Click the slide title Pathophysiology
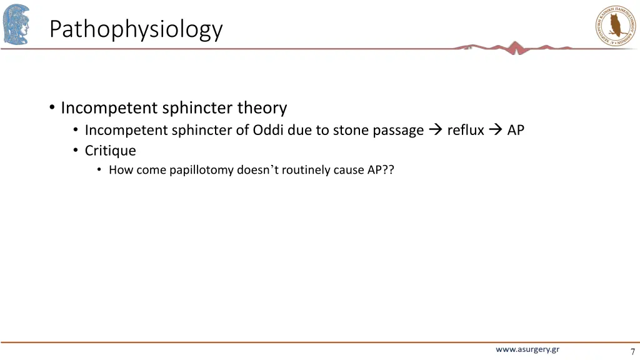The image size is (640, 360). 136,29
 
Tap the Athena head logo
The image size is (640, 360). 16,24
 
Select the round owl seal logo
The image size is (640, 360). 616,24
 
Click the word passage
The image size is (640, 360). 398,130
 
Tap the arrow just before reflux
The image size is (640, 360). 436,130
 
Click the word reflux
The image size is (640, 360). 466,130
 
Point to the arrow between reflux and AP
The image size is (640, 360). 496,130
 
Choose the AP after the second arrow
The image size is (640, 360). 516,130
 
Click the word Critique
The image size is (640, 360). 110,151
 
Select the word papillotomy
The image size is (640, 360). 201,170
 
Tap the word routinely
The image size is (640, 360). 307,170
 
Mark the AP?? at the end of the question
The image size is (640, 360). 381,170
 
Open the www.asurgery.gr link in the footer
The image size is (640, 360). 527,349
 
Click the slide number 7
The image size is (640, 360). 632,351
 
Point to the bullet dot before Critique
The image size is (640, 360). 75,151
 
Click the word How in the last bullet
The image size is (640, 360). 121,170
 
